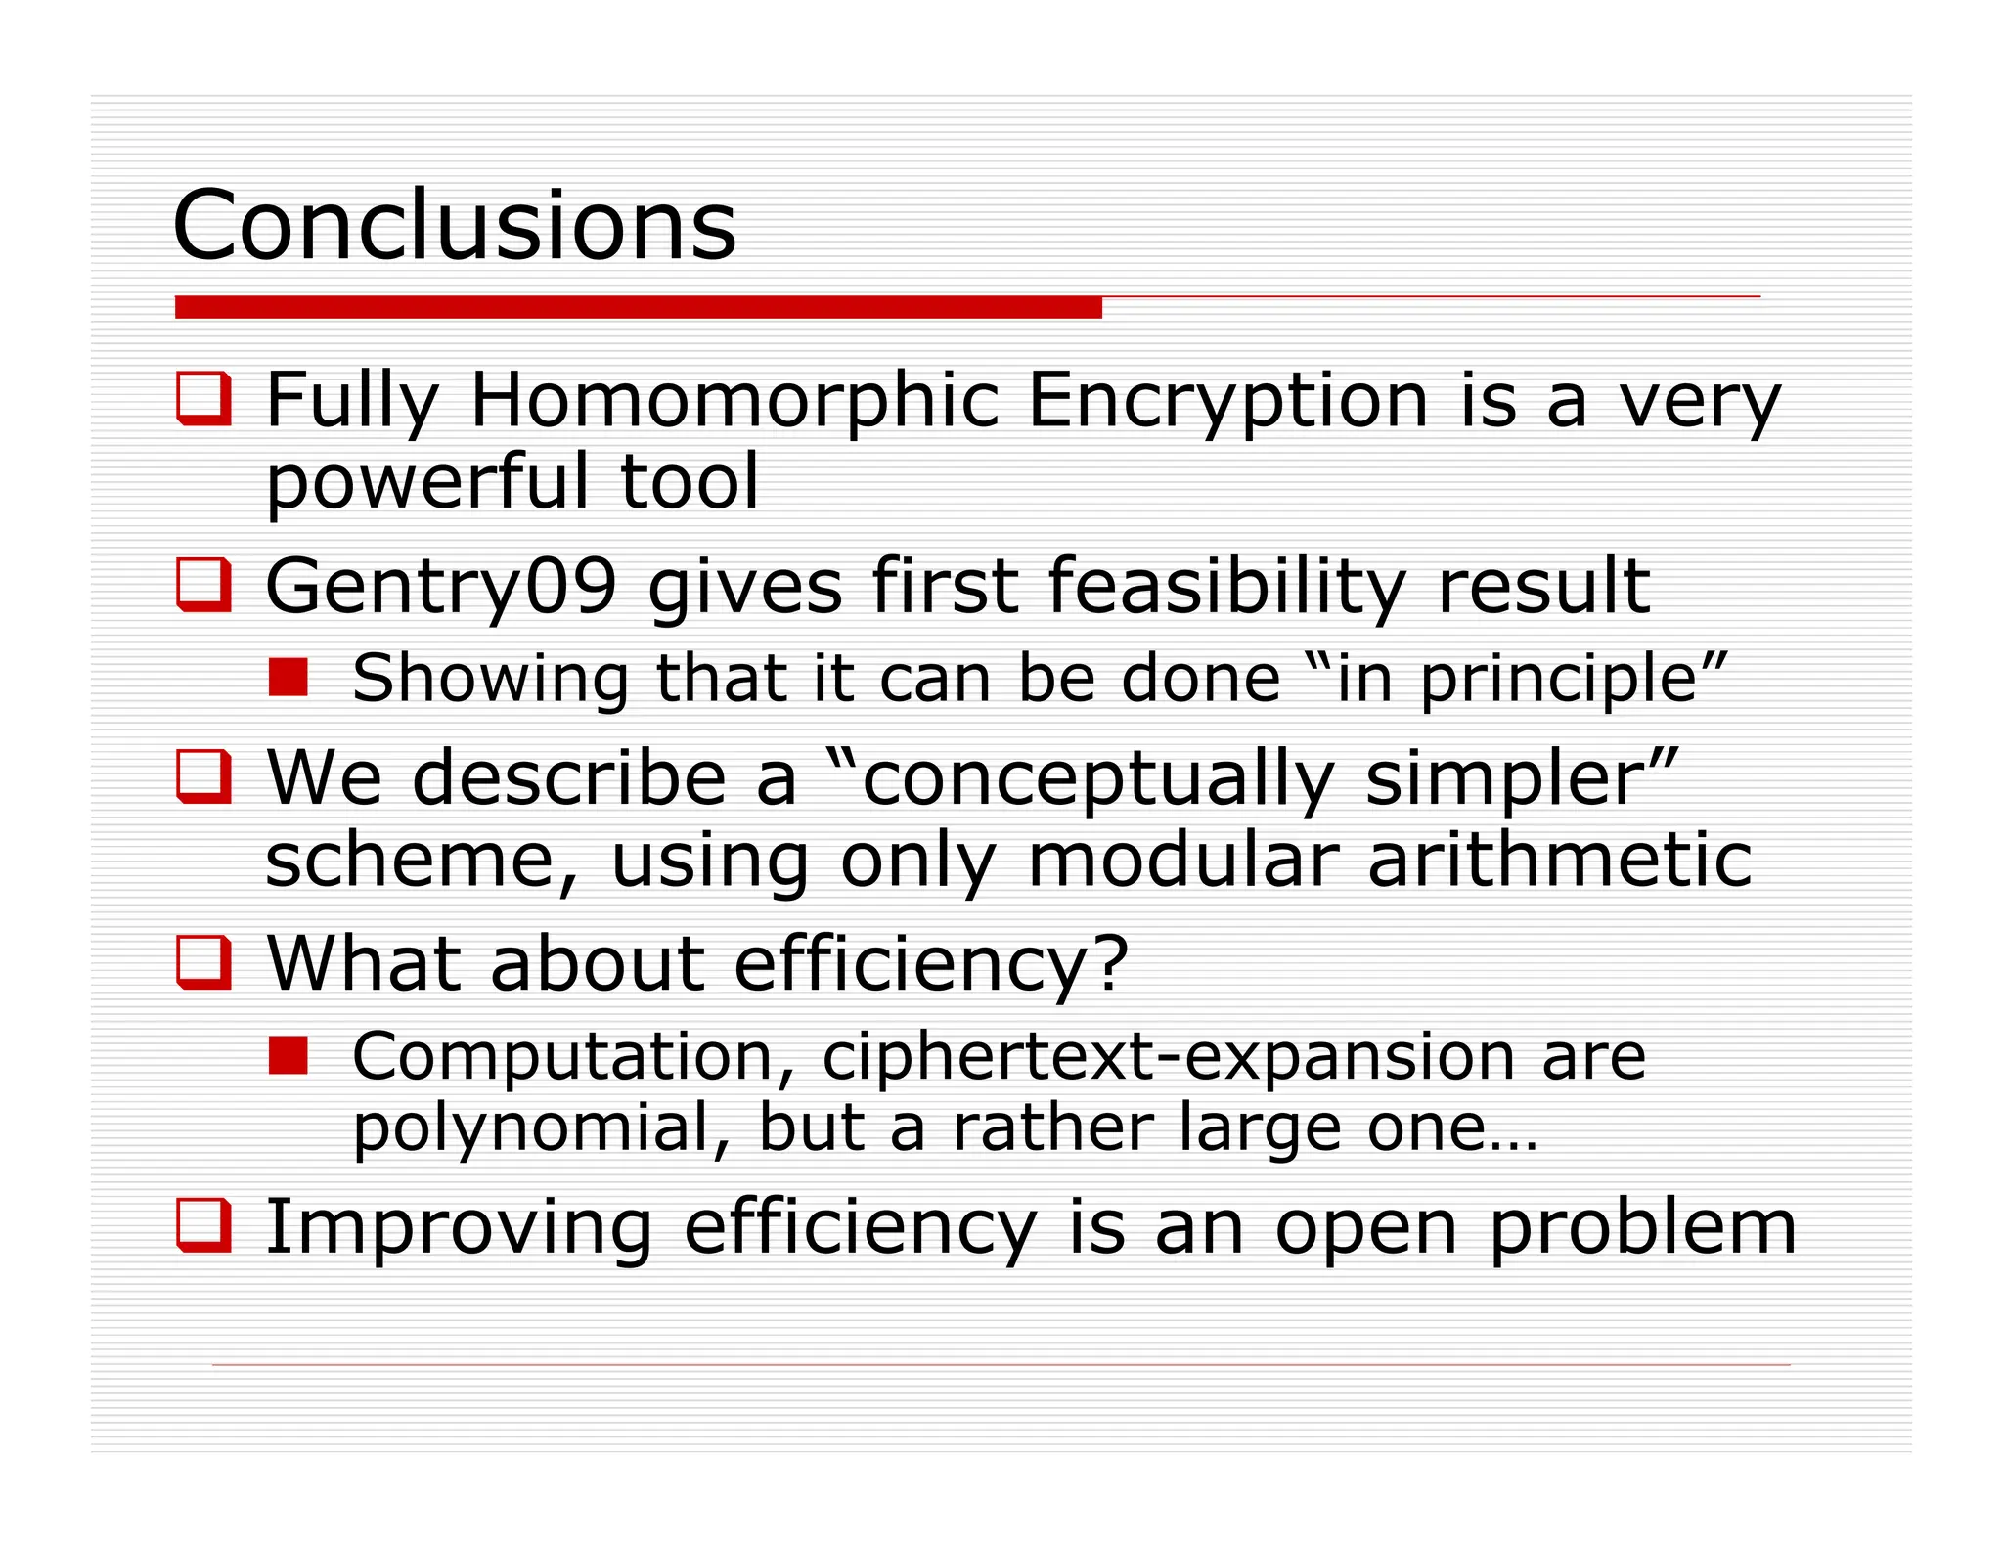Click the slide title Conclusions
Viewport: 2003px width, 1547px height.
pos(454,226)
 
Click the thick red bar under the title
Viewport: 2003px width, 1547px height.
pos(638,308)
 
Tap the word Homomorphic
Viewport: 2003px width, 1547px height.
pos(735,400)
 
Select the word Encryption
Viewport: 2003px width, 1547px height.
pos(1228,400)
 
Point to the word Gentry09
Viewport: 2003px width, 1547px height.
pos(441,587)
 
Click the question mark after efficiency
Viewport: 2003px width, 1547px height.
pos(1111,963)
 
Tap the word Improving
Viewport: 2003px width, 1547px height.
pos(459,1227)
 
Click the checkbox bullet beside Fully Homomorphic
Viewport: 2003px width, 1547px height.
pos(203,399)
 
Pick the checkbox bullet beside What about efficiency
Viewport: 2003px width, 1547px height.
pos(203,962)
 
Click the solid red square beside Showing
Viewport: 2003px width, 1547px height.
pos(289,678)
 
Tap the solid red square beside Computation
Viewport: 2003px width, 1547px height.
pos(289,1056)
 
